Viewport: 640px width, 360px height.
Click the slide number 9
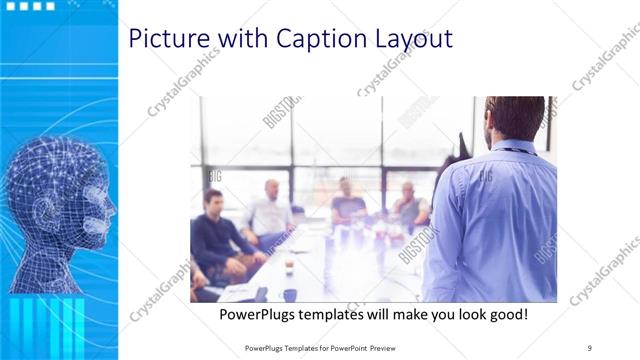[x=589, y=348]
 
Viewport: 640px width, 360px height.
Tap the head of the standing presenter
[x=514, y=118]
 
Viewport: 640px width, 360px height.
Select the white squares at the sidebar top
[x=31, y=6]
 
